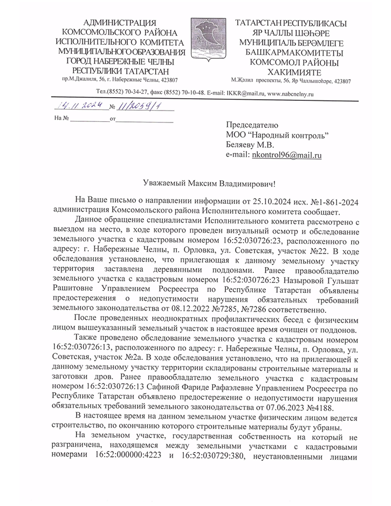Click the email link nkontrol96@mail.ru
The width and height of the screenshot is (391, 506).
287,155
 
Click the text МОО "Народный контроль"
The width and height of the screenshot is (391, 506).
277,134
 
